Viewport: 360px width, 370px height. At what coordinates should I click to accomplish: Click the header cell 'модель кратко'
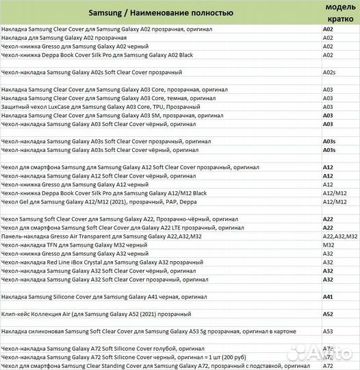(339, 12)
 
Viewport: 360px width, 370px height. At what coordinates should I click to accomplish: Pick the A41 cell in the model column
(328, 297)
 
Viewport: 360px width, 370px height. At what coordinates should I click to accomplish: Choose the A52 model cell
(328, 313)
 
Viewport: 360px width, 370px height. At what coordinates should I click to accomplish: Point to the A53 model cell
(328, 331)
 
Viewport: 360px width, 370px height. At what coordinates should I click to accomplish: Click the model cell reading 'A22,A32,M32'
(341, 236)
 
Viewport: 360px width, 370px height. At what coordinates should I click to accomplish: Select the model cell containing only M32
(329, 245)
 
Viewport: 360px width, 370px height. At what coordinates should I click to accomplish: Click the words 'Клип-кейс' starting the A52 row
(16, 314)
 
